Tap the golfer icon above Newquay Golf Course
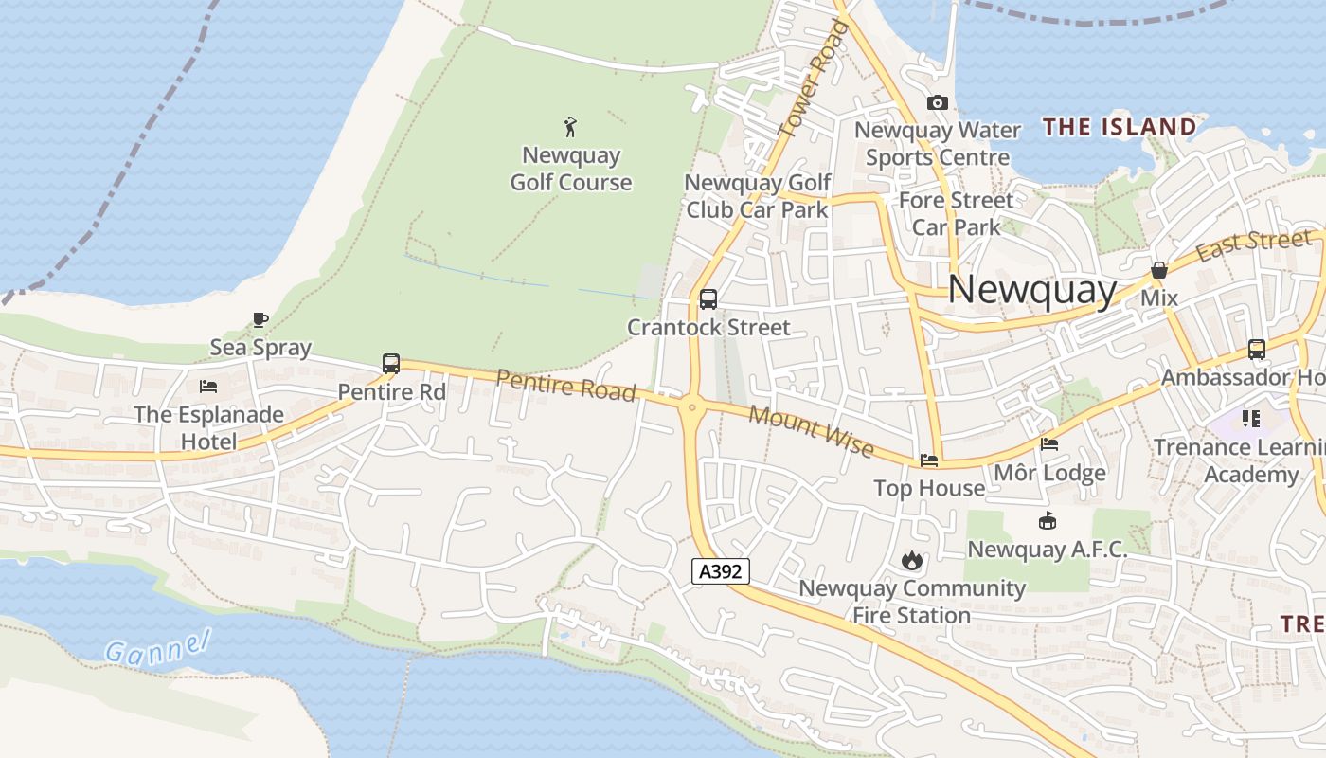(x=570, y=126)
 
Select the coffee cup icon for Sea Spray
(x=260, y=319)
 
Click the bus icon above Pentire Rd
(x=391, y=363)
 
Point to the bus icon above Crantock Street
(x=708, y=299)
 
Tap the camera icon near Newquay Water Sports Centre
(x=938, y=102)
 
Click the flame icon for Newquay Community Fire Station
(x=911, y=560)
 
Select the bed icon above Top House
(x=929, y=460)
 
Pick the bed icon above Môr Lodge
(x=1049, y=443)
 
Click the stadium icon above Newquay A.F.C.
(x=1048, y=520)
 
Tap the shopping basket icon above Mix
(x=1158, y=270)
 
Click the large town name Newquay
(x=1031, y=289)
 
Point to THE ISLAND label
(x=1120, y=127)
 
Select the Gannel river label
(x=156, y=649)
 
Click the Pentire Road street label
(x=565, y=386)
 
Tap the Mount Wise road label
(x=811, y=431)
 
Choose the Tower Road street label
(x=812, y=81)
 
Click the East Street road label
(x=1254, y=245)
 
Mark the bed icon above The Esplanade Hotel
(x=208, y=386)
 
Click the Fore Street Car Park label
(x=956, y=213)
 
